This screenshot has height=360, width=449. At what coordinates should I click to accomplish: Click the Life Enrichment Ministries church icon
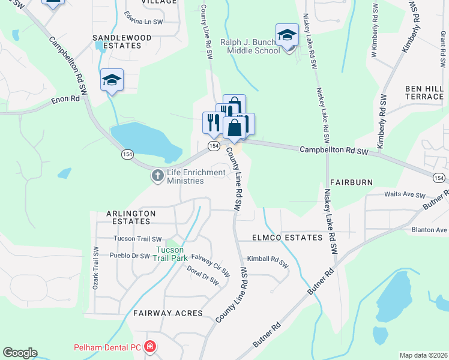157,176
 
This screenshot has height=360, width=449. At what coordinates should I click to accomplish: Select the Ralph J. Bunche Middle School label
250,46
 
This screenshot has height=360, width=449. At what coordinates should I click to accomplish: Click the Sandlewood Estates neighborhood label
122,41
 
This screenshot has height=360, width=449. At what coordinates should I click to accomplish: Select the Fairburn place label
351,182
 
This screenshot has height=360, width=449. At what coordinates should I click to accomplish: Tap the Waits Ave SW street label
405,196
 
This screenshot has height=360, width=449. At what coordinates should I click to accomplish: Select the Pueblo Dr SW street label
130,256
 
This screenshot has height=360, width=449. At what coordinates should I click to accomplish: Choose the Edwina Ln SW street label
143,17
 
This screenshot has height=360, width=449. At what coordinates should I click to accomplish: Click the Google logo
20,353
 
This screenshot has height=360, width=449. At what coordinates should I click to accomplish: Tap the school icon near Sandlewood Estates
112,80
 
